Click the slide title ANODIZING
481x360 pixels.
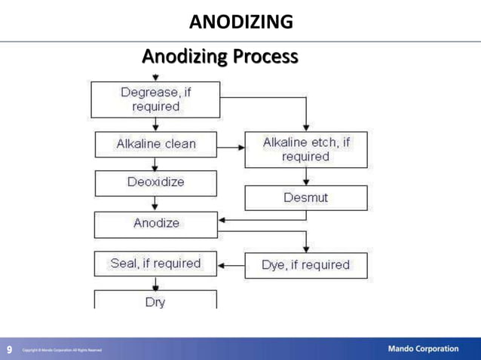240,22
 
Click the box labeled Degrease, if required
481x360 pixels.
155,99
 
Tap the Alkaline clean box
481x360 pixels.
155,144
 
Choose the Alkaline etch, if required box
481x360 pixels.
306,149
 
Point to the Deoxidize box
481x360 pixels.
155,182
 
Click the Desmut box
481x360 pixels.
306,197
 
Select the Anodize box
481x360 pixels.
155,224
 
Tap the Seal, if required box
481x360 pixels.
155,264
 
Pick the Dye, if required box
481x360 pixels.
306,265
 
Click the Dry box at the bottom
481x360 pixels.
155,301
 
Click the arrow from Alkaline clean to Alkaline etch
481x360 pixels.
231,146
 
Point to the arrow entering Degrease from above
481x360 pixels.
155,77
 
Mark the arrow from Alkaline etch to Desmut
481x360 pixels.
306,177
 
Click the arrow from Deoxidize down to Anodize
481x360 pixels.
155,203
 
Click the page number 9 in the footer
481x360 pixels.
10,349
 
